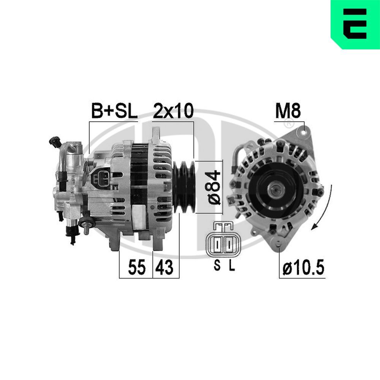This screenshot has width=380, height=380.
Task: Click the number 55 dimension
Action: pos(137,267)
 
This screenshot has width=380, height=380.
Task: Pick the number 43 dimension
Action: pos(165,267)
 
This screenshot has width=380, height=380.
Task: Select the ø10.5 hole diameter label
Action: pos(303,268)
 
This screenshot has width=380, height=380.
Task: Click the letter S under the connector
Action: pos(217,265)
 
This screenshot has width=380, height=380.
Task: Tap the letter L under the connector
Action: pos(232,265)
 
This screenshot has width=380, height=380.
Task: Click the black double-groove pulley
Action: pos(184,187)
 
